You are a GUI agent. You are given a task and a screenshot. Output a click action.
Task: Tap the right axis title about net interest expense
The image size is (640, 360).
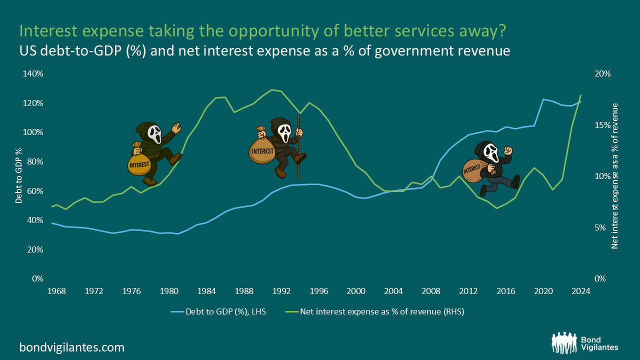click(x=615, y=176)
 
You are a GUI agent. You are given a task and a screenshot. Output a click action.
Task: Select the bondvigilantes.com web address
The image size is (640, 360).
click(x=72, y=347)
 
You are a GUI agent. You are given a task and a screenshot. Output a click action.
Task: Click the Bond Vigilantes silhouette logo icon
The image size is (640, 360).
click(x=564, y=342)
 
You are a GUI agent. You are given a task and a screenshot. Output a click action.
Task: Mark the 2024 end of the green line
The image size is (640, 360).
click(x=581, y=94)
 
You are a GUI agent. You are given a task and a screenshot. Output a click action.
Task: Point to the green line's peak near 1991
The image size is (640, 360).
click(x=271, y=90)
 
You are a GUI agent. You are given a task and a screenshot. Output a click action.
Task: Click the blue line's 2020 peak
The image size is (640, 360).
click(x=543, y=99)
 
